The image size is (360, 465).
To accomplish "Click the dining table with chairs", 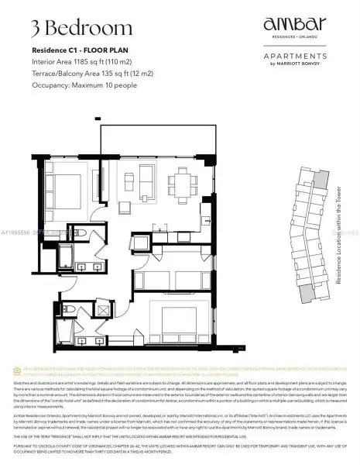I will point(183,184).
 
